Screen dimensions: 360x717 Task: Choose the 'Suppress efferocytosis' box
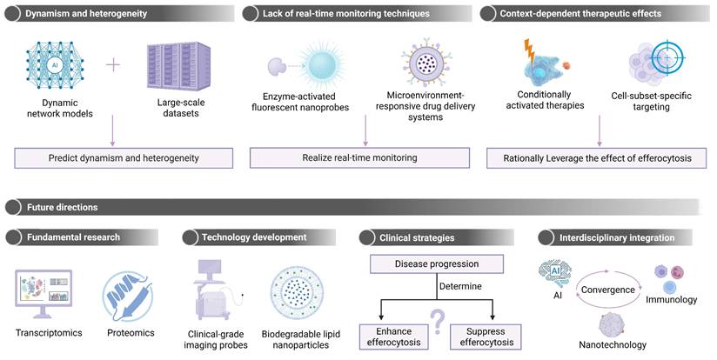486,336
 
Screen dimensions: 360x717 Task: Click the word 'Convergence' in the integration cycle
608,290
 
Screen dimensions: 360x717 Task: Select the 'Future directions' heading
62,207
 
